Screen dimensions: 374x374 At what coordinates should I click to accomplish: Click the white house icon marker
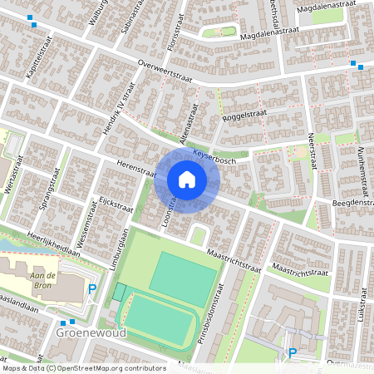click(x=187, y=179)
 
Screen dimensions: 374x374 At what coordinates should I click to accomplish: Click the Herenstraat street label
click(x=136, y=170)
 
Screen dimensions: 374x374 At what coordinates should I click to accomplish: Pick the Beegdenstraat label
click(x=352, y=203)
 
